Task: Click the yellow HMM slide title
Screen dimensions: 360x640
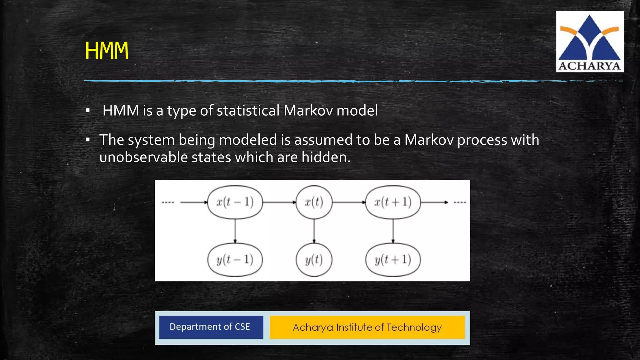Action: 107,51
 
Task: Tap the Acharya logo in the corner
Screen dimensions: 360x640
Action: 589,42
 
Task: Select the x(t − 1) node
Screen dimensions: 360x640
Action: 235,202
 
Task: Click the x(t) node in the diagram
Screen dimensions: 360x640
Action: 314,202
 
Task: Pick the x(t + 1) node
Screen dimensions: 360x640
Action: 393,202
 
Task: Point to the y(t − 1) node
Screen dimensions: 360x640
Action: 235,260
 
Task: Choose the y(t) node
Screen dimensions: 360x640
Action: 314,260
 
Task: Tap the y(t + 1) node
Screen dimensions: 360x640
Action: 393,260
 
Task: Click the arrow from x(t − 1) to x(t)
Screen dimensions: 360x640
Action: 279,202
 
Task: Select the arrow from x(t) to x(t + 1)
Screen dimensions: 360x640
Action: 348,202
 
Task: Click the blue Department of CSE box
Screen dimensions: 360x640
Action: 211,327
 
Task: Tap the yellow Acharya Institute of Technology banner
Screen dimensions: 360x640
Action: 367,327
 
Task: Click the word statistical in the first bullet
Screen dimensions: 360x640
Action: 248,111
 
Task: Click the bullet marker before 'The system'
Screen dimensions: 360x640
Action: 88,140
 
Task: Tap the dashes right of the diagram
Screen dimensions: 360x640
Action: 460,202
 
